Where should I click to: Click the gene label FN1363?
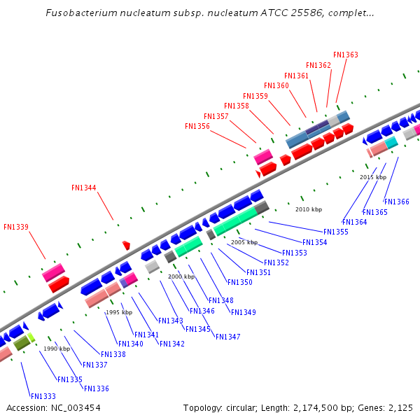click(346, 55)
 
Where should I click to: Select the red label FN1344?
click(84, 188)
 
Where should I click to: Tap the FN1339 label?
click(16, 227)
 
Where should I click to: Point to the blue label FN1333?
click(43, 396)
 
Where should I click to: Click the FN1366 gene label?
click(397, 202)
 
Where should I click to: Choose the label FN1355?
click(336, 232)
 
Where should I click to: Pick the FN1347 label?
click(227, 337)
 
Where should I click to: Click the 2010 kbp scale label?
click(309, 209)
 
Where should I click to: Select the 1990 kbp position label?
click(57, 349)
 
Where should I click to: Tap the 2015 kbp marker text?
click(373, 177)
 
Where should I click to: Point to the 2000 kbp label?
click(181, 276)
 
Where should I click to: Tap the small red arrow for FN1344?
click(126, 245)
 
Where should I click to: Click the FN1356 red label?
click(197, 126)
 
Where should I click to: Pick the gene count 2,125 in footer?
click(400, 407)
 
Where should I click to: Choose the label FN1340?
click(131, 344)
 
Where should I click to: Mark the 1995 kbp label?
click(119, 312)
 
